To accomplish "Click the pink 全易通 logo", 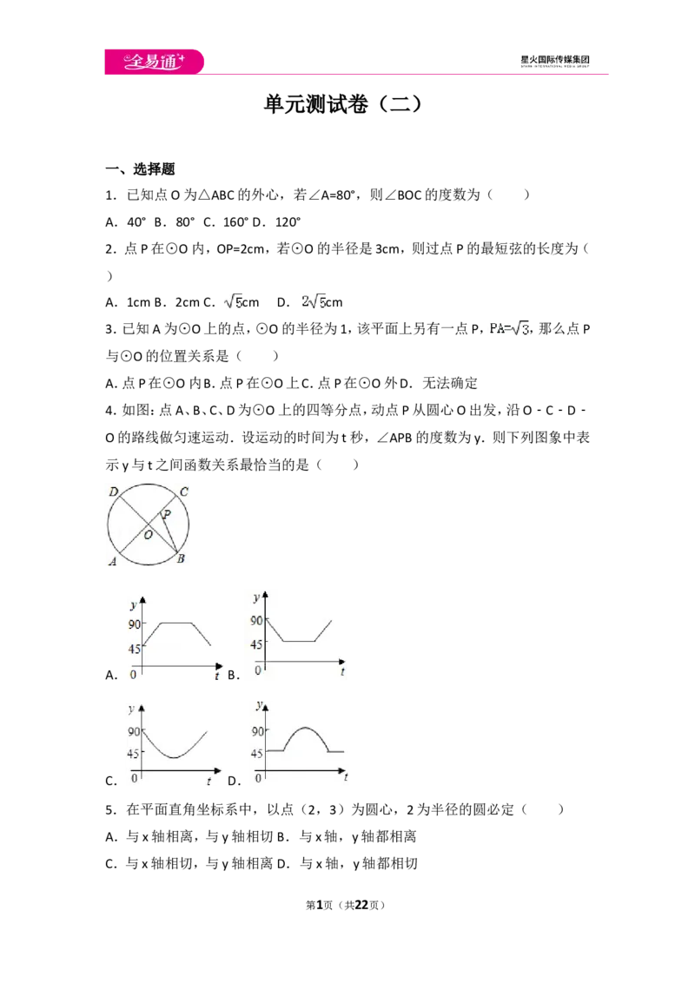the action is click(154, 62).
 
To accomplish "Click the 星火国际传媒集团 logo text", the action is click(555, 60).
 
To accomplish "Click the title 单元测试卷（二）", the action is click(342, 104).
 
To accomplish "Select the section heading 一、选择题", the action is click(140, 168).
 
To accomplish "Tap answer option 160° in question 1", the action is click(235, 222).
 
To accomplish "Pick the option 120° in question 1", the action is click(288, 222).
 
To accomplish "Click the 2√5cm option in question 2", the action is click(321, 302).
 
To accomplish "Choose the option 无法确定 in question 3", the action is click(450, 383).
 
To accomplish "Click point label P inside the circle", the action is click(167, 515).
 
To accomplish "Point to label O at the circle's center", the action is click(148, 535).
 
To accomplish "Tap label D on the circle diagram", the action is click(114, 492).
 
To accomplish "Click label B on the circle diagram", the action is click(181, 558).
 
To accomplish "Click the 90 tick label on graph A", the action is click(135, 624).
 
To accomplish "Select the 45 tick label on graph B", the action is click(256, 644).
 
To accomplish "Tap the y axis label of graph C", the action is click(131, 709).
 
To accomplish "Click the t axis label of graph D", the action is click(346, 776).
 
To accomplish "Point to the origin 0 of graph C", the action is click(135, 778).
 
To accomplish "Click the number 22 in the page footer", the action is click(361, 905).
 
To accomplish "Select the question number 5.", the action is click(110, 810).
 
